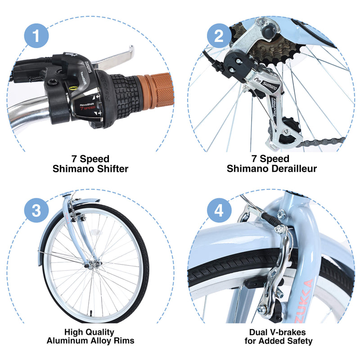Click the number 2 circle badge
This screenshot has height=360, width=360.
[219, 36]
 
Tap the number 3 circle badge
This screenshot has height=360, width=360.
[36, 210]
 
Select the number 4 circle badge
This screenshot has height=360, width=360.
[219, 210]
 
